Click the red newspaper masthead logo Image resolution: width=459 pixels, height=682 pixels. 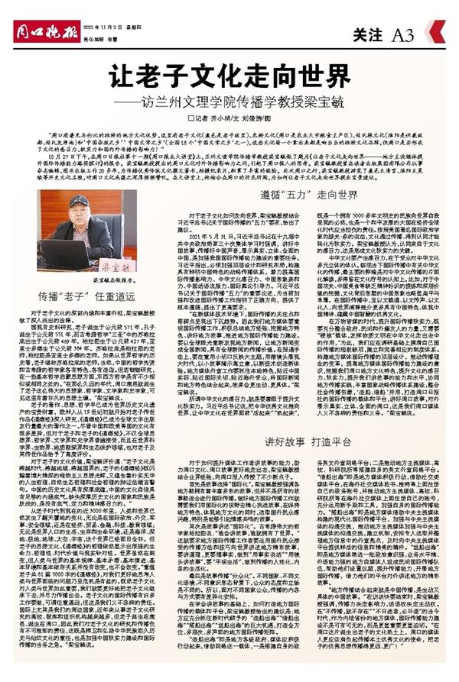[x=38, y=15]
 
